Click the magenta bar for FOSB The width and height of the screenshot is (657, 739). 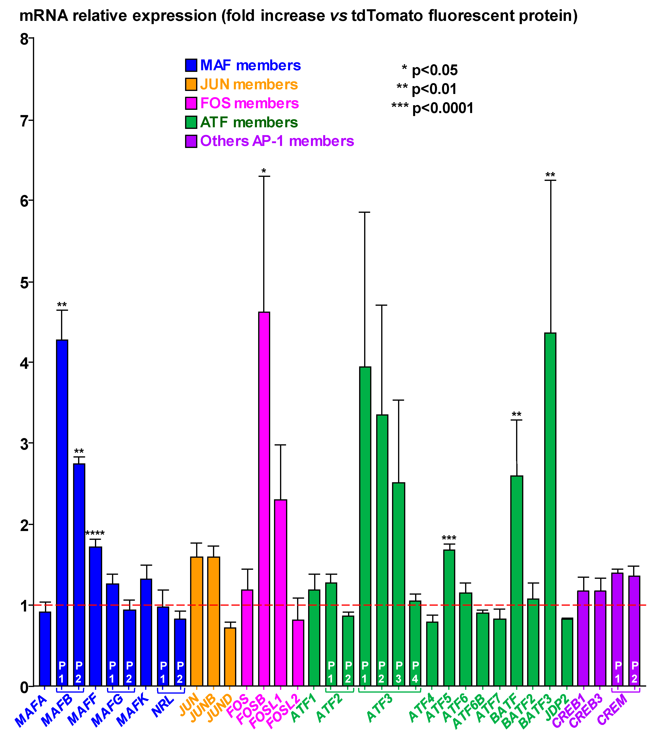tap(264, 499)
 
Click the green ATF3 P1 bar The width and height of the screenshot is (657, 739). tap(365, 524)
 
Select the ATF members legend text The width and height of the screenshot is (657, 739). tap(249, 122)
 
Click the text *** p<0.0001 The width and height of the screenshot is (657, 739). tap(432, 108)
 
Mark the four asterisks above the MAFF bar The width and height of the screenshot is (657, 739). tap(95, 534)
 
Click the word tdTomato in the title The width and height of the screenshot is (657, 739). tap(387, 16)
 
